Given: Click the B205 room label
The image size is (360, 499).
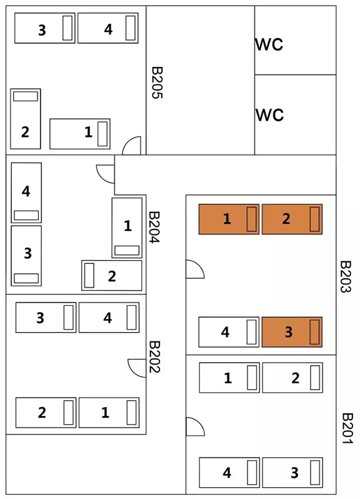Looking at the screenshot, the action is click(157, 83).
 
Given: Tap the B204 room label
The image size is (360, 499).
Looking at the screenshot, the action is click(154, 227).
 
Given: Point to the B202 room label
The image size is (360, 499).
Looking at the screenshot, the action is click(154, 357).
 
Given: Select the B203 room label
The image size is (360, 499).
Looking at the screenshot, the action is click(346, 276).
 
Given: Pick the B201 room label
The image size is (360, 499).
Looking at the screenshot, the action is click(347, 428).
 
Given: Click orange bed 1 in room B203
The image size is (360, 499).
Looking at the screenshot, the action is click(229, 219).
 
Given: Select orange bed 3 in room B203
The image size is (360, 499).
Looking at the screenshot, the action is click(292, 332).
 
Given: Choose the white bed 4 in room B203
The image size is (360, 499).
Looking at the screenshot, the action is click(229, 332).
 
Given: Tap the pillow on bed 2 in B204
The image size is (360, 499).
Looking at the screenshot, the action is click(89, 275).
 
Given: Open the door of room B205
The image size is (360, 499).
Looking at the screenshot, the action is click(131, 146).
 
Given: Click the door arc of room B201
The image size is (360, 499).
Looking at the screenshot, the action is click(195, 426).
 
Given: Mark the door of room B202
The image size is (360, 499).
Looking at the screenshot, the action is click(137, 368).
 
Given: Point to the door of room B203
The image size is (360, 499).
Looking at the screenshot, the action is click(195, 270).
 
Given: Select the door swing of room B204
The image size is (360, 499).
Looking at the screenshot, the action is click(106, 174).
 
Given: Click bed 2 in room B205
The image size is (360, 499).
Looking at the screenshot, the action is click(26, 119).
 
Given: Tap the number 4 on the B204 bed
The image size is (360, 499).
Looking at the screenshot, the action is click(26, 191).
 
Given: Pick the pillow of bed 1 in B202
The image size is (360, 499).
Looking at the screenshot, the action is click(131, 413).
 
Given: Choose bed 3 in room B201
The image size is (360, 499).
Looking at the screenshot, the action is click(292, 473).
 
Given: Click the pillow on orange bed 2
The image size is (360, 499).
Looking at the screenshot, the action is click(314, 219).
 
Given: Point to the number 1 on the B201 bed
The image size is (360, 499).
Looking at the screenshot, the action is click(227, 378).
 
